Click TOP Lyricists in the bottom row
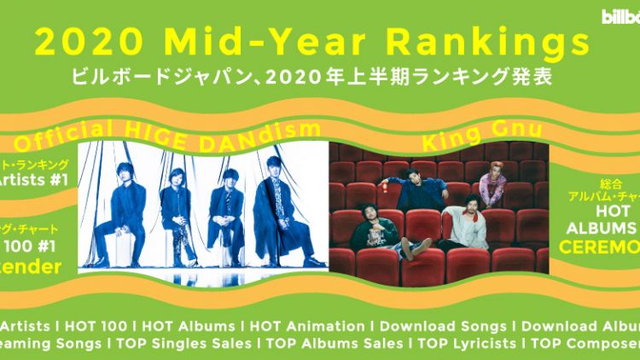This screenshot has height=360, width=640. point(464,345)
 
